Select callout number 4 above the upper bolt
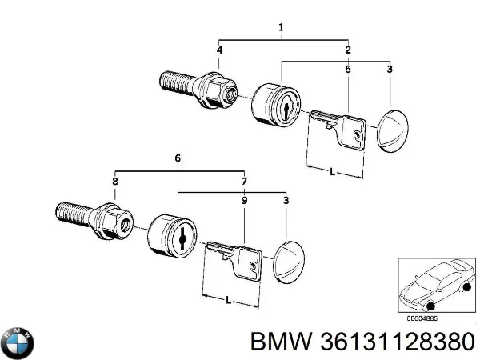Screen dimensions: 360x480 219,51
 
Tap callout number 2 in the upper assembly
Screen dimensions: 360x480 348,51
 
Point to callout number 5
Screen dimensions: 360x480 348,71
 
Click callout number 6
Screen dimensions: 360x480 178,159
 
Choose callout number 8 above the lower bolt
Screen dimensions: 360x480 115,182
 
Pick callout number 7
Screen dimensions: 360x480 245,182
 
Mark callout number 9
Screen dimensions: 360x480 245,202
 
